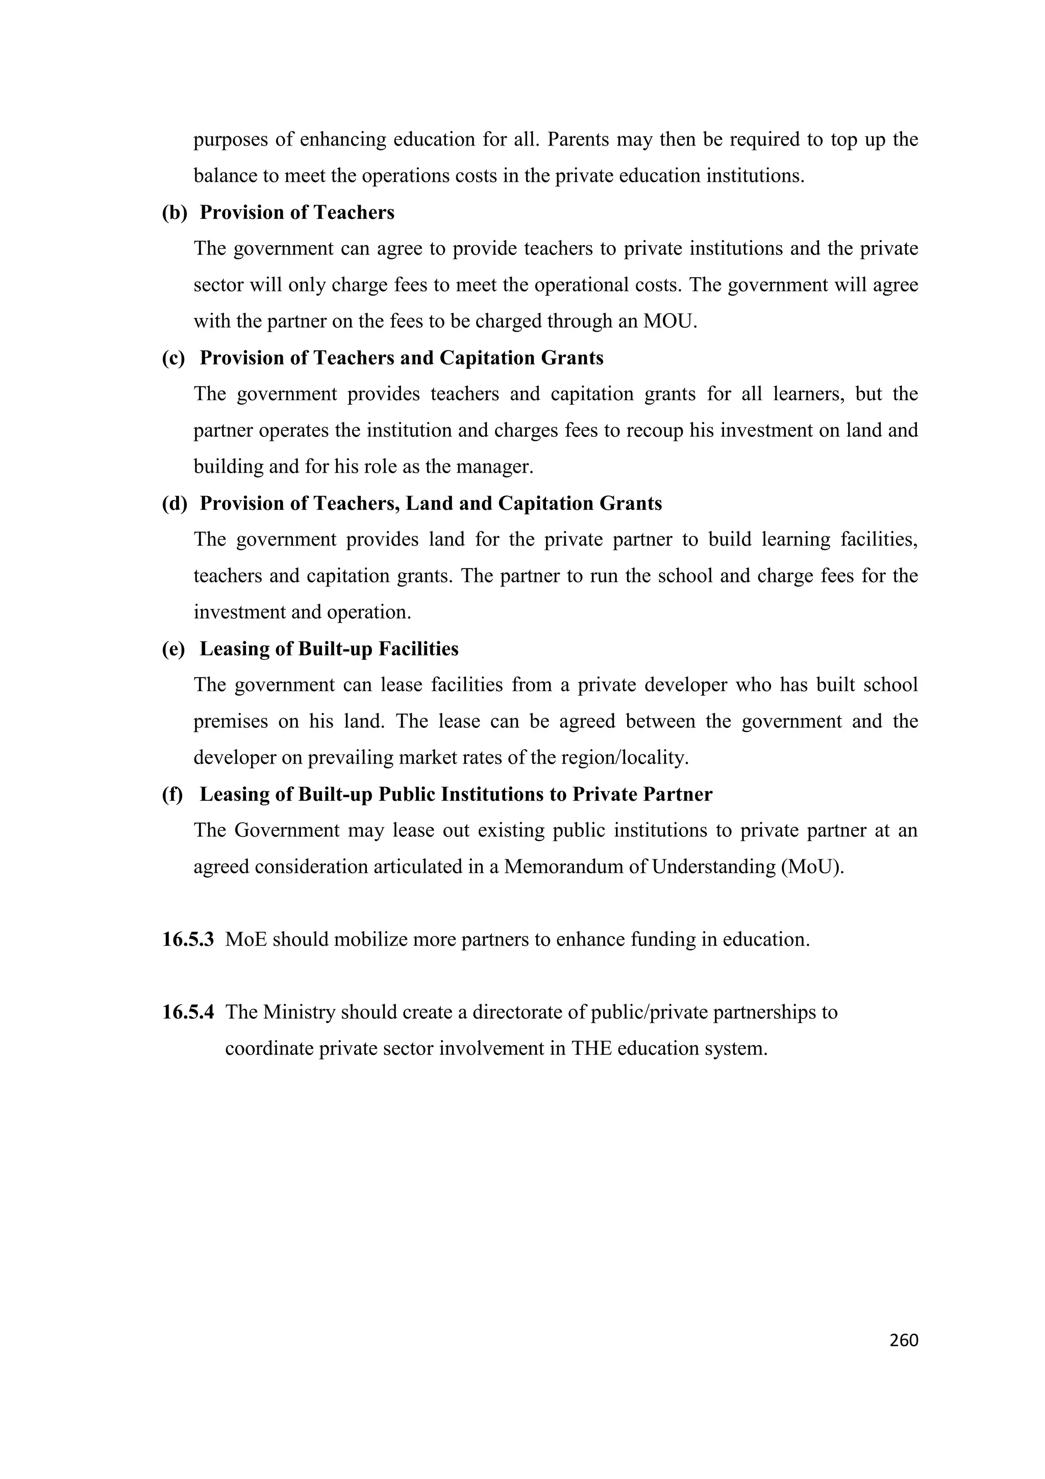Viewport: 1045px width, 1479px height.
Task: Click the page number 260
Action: pos(903,1340)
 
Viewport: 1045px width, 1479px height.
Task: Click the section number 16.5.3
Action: pos(187,939)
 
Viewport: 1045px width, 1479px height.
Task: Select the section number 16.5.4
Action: pos(187,1012)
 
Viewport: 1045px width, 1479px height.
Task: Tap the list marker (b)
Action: pos(174,213)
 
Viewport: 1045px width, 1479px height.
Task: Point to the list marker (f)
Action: pos(172,794)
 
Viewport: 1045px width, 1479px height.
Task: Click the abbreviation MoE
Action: pos(246,939)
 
